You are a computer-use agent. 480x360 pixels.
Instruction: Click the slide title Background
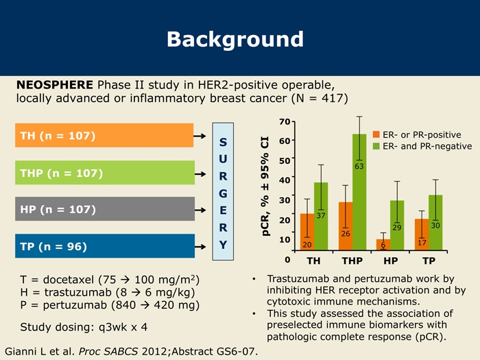pos(235,40)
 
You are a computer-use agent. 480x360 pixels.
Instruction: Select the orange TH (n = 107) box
pos(104,135)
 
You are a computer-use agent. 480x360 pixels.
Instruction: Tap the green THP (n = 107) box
pos(105,173)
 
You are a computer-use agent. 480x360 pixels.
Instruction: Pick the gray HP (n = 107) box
pos(105,208)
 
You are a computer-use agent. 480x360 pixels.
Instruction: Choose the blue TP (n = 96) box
pos(105,246)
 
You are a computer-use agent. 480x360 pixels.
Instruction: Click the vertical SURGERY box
pos(223,191)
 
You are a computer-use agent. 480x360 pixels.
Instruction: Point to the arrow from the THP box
pos(200,174)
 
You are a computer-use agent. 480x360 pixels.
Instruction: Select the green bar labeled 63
pos(359,192)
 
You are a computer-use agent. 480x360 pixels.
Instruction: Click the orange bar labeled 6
pos(383,245)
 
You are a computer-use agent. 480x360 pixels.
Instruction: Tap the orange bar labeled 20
pos(307,232)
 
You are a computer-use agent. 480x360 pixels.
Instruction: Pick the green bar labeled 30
pos(435,223)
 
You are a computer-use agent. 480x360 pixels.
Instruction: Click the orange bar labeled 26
pos(346,226)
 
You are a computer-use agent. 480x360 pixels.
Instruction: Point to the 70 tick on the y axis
pos(285,122)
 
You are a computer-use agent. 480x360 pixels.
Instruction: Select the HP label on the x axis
pos(391,261)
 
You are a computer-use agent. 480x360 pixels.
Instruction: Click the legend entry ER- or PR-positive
pos(417,134)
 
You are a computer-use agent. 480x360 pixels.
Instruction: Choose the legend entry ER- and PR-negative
pos(422,146)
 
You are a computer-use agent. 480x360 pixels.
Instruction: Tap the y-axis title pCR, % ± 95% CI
pos(265,186)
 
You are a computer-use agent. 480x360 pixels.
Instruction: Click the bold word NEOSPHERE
pos(55,85)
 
